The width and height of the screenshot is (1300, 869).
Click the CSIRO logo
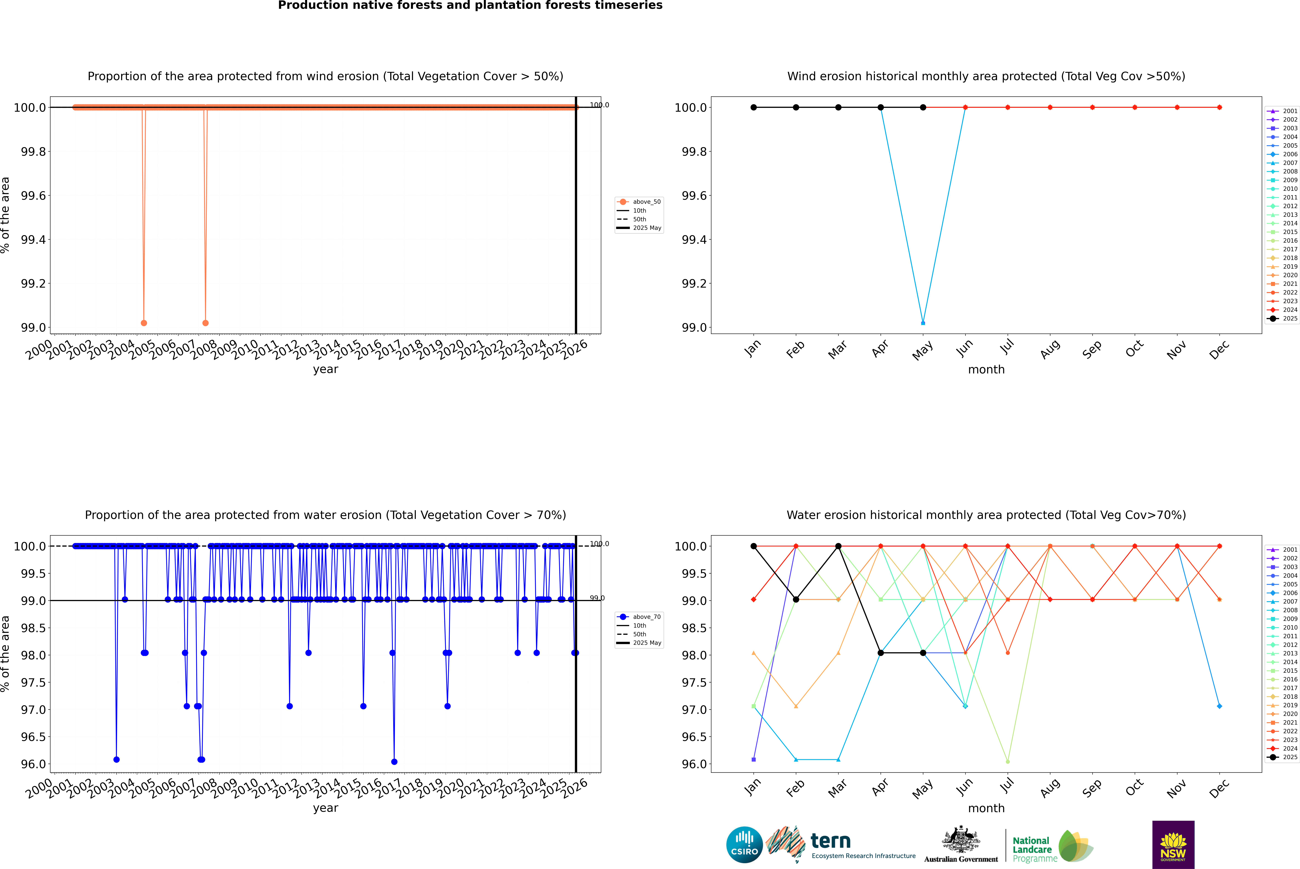744,845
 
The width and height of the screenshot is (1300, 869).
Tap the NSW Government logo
1173,845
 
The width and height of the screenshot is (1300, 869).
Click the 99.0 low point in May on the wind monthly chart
923,323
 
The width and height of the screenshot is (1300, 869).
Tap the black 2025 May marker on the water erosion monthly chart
923,653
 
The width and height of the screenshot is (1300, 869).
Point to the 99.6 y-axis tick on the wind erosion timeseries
33,196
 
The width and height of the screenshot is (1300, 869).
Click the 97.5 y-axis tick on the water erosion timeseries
33,682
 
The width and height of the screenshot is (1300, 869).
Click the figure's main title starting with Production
470,6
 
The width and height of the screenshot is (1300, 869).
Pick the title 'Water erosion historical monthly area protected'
986,515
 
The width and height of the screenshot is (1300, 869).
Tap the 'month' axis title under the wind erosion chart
986,370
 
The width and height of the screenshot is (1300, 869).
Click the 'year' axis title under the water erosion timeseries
325,808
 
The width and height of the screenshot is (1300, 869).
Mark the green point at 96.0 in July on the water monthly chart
1007,761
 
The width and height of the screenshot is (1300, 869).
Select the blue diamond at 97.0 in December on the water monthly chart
1219,706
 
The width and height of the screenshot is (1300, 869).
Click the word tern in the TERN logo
830,841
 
